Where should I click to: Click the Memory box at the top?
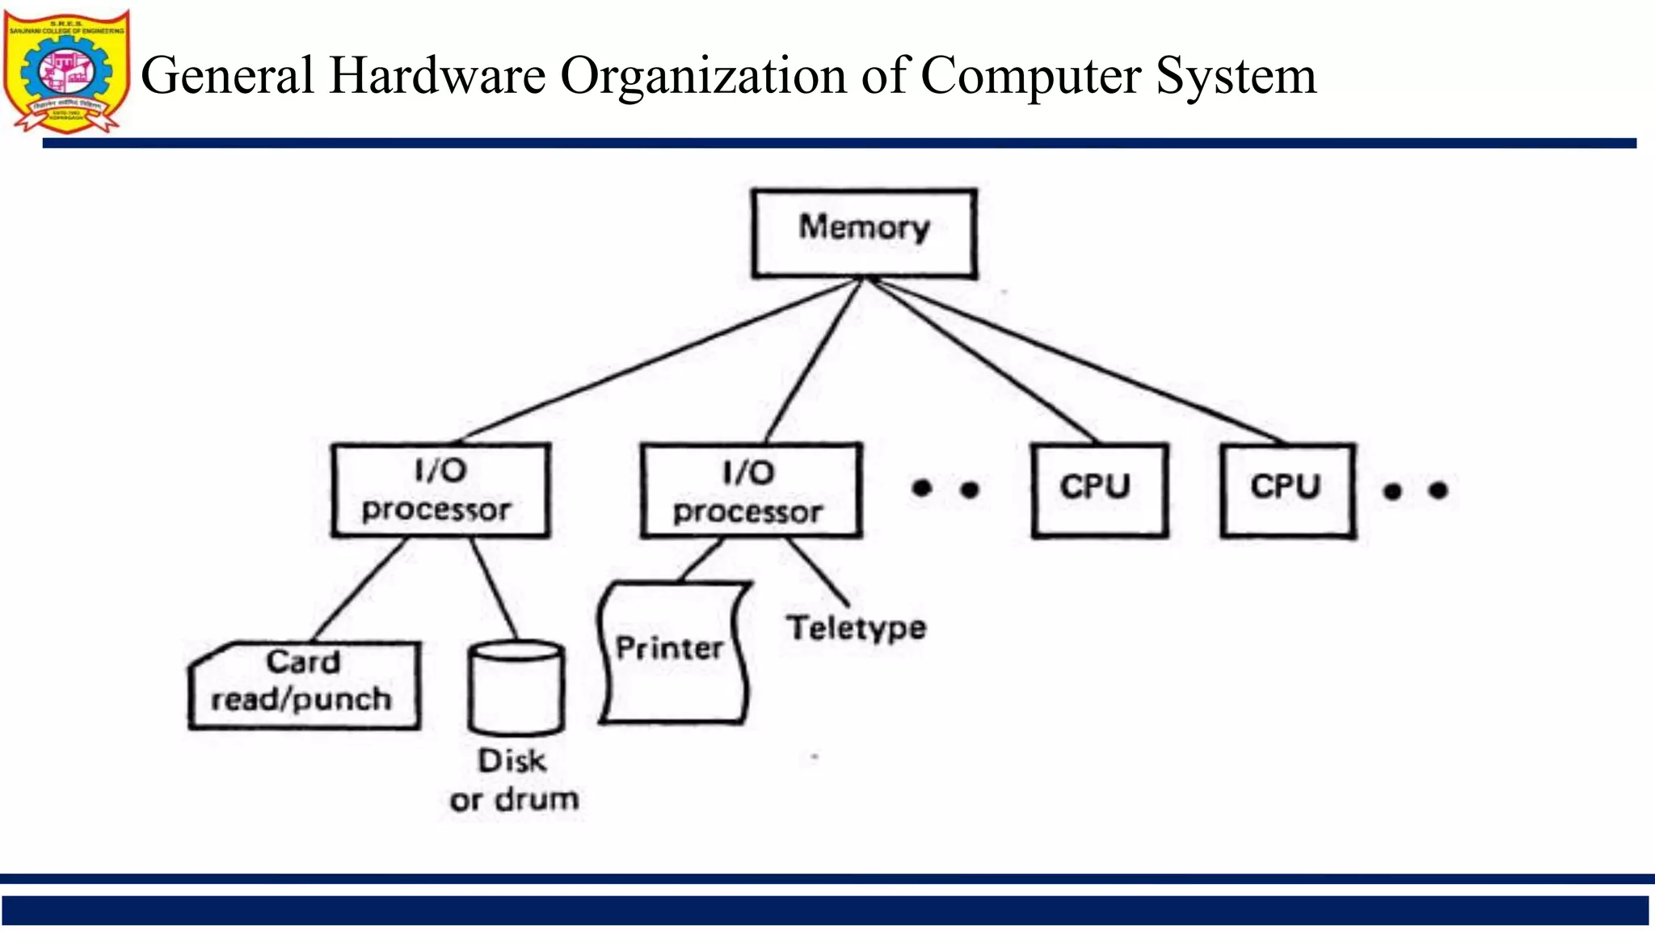click(864, 234)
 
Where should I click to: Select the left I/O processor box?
click(440, 490)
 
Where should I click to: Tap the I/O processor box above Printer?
click(751, 491)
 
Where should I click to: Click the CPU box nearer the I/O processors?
click(1099, 490)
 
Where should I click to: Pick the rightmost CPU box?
click(1287, 490)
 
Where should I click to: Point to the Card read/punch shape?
click(304, 685)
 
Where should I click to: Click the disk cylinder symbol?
click(516, 687)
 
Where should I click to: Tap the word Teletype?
click(857, 629)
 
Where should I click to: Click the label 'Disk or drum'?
click(514, 781)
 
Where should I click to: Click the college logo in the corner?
click(66, 71)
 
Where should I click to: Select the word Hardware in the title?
click(437, 76)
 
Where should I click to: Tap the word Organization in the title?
click(703, 76)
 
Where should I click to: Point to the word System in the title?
click(1236, 76)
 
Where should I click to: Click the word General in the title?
click(227, 76)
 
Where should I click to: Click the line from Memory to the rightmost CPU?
click(1075, 361)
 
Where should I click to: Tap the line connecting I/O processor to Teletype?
click(816, 571)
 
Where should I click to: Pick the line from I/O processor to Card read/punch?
click(360, 588)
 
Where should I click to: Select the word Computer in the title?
click(1030, 76)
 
